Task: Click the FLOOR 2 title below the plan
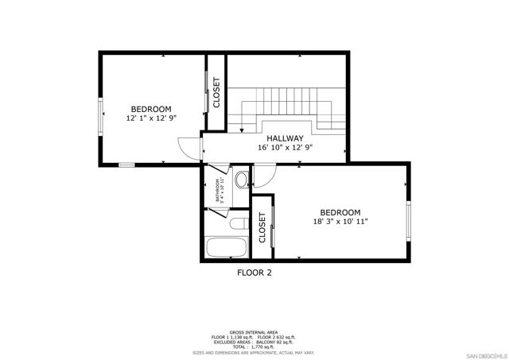pyautogui.click(x=254, y=273)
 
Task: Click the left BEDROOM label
pyautogui.click(x=151, y=109)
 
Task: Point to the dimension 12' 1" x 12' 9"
pyautogui.click(x=151, y=118)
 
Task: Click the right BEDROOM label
pyautogui.click(x=340, y=212)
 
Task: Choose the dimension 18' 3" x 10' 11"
pyautogui.click(x=340, y=222)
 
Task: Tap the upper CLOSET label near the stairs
pyautogui.click(x=216, y=92)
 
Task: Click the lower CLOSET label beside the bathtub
pyautogui.click(x=262, y=227)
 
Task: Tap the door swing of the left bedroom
pyautogui.click(x=188, y=147)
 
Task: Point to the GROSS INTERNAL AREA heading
pyautogui.click(x=254, y=331)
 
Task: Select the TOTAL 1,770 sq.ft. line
pyautogui.click(x=254, y=347)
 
